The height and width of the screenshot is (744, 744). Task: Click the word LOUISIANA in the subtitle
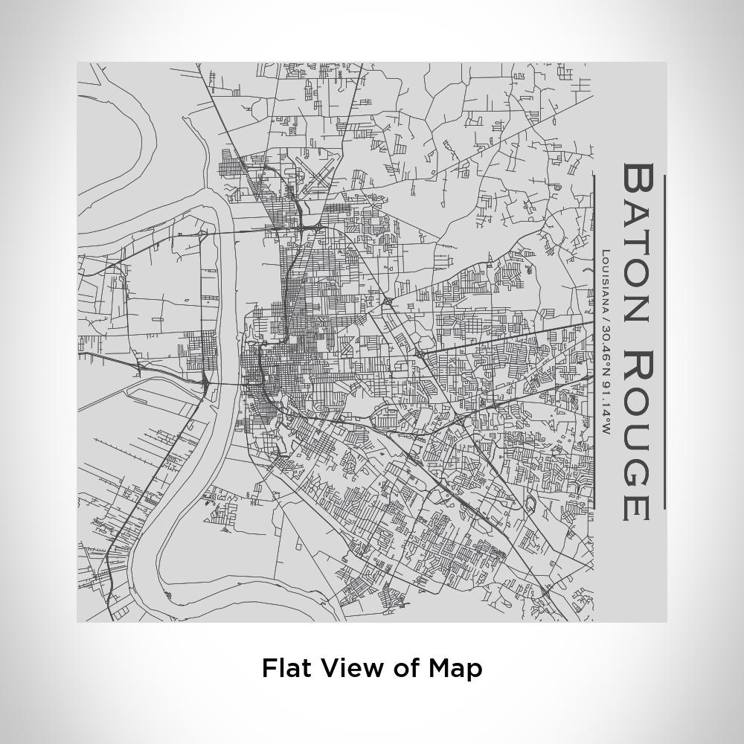606,283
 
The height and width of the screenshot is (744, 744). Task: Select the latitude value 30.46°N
606,353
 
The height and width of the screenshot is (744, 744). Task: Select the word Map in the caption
455,669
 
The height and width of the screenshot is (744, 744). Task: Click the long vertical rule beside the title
664,342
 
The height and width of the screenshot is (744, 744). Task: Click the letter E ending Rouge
637,505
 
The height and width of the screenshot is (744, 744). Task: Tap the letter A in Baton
637,209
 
